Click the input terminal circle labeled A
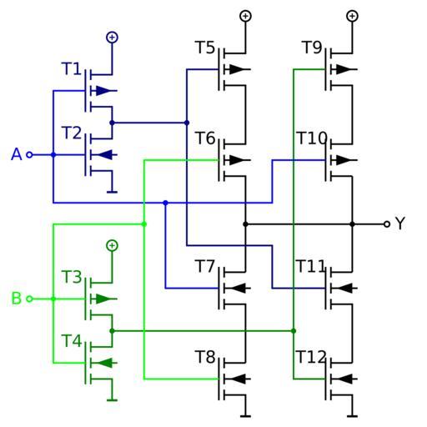coord(29,155)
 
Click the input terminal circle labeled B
coord(29,299)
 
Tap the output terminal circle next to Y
coord(387,224)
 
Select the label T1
coord(71,68)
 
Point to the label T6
coord(205,138)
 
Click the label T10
coord(311,138)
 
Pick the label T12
coord(311,357)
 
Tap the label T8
coord(205,357)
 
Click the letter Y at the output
coord(400,224)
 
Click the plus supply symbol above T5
coord(245,16)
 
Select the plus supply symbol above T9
coord(352,16)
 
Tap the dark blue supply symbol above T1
coord(112,38)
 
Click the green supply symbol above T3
coord(112,245)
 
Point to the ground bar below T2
coord(112,192)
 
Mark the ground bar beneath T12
coord(352,416)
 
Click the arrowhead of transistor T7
coord(238,289)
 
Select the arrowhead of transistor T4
coord(104,363)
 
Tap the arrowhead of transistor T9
coord(344,69)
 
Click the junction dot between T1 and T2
coord(112,123)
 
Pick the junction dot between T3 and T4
coord(112,331)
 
